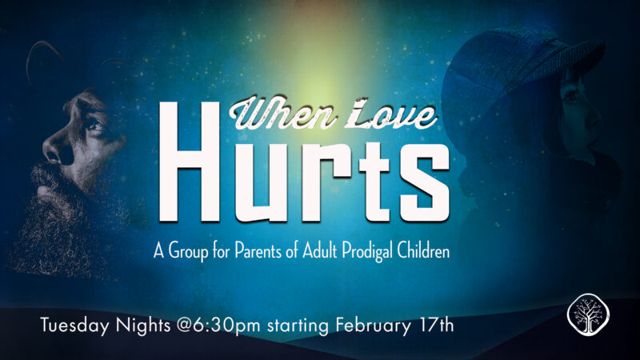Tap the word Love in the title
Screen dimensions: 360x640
click(389, 114)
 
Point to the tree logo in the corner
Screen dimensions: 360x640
click(588, 314)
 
